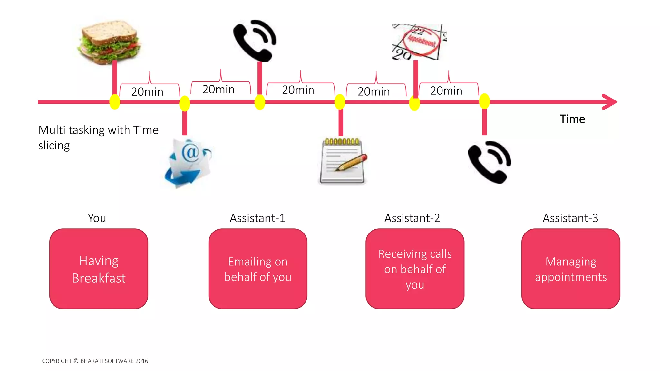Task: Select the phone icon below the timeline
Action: point(489,162)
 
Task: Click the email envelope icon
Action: point(189,163)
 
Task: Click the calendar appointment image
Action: point(419,42)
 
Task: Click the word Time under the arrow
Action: point(572,119)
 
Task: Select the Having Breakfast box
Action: point(99,269)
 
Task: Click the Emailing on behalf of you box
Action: point(258,269)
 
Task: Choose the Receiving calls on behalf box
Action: point(415,269)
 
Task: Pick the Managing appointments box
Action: point(571,269)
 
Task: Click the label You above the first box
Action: point(97,218)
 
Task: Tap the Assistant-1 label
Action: point(257,218)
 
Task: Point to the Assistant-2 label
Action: point(412,218)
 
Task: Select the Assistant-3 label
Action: point(570,218)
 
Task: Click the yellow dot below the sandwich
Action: point(115,102)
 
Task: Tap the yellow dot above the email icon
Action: point(185,103)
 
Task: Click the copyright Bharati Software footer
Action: point(96,361)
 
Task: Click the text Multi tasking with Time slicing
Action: point(98,138)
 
